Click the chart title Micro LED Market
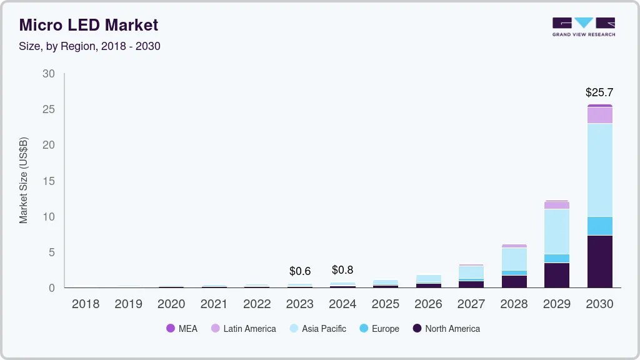point(88,25)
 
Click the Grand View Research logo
point(583,27)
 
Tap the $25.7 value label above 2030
point(599,92)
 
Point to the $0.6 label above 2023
point(300,271)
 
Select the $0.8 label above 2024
point(342,270)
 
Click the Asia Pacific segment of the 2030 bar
point(599,170)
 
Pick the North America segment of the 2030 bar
point(599,261)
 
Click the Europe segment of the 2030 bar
point(599,226)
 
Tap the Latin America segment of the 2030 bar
point(599,115)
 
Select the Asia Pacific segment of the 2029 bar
point(557,231)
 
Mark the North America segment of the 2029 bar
point(557,275)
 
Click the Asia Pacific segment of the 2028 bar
point(514,259)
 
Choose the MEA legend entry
point(182,329)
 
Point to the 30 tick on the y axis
point(49,74)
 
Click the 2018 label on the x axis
point(85,304)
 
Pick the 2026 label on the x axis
point(428,304)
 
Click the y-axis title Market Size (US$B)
point(24,180)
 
